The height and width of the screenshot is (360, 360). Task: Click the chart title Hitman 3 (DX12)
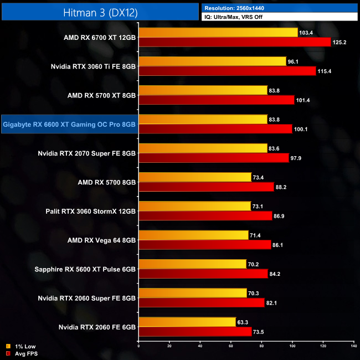[x=99, y=11]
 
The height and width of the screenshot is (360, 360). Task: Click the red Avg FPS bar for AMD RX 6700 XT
[x=235, y=42]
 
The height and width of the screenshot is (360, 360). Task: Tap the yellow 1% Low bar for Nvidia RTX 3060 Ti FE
[x=213, y=61]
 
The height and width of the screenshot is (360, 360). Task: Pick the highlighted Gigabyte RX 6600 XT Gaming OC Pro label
[x=69, y=125]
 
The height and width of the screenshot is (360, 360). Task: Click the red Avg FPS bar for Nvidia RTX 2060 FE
[x=196, y=331]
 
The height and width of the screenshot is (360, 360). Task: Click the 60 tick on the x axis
[x=231, y=346]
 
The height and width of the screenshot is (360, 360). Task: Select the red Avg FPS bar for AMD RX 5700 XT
[x=217, y=100]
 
